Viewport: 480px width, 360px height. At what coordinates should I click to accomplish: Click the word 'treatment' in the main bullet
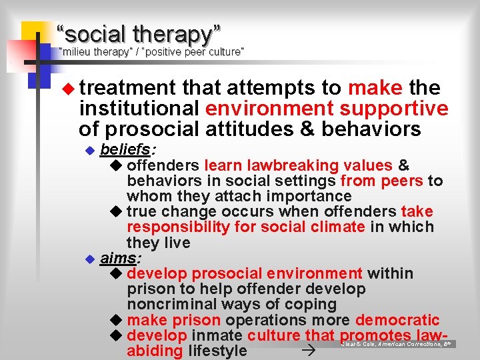[x=127, y=87]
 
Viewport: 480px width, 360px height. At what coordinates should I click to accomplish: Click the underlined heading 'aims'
[x=119, y=258]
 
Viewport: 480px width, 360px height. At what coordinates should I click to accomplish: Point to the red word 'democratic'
[x=397, y=320]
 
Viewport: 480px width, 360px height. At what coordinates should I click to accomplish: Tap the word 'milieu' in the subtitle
[x=77, y=51]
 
